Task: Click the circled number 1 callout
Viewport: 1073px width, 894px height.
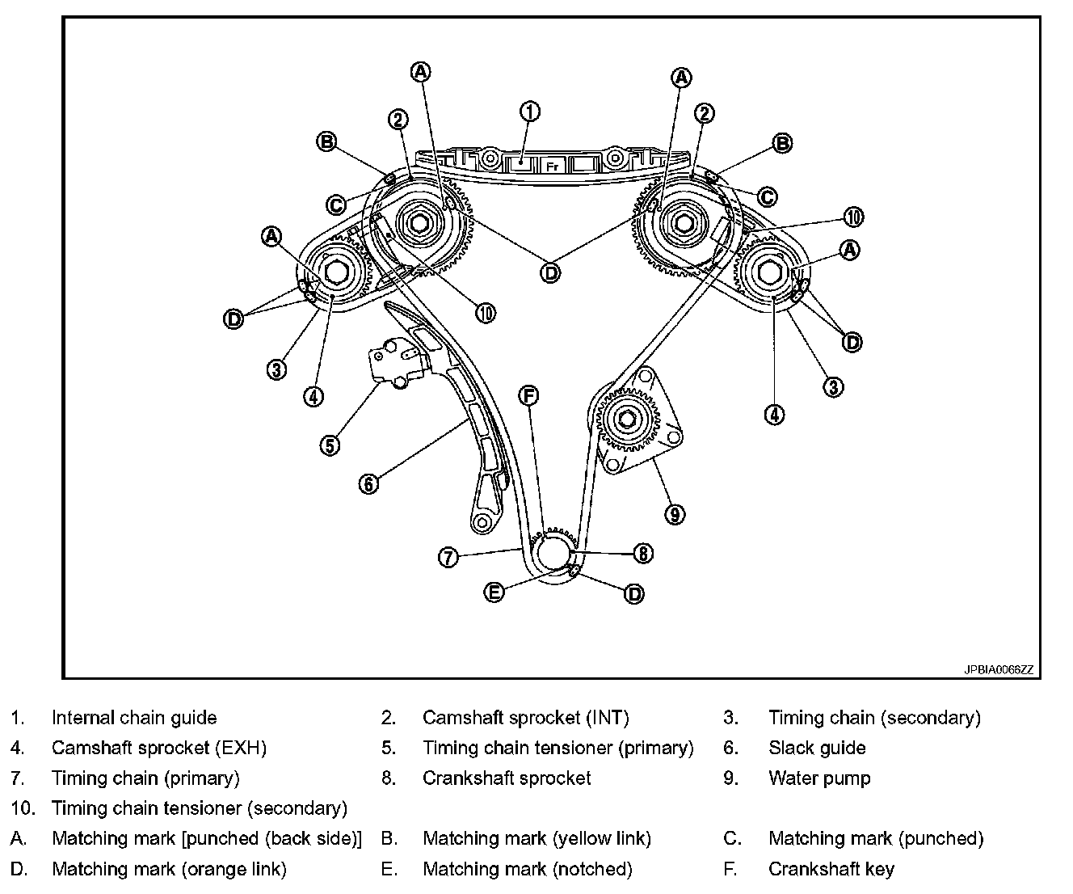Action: coord(529,112)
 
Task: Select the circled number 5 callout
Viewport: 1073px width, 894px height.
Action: coord(330,445)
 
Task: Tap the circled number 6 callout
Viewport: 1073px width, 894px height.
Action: coord(368,484)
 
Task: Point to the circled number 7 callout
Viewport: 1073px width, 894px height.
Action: coord(449,557)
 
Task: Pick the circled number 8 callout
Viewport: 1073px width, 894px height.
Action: coord(642,553)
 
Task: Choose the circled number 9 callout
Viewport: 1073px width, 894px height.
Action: coord(674,513)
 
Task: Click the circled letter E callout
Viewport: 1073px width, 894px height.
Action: coord(494,592)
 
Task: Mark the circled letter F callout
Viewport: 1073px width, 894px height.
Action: coord(528,395)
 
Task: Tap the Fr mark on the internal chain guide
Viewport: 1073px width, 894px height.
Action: coord(553,167)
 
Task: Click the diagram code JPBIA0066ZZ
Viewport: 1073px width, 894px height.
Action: coord(998,669)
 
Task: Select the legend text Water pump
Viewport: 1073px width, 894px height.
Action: coord(819,778)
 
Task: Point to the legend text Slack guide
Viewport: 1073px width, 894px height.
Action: coord(817,748)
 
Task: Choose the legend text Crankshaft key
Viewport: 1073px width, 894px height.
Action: coord(831,869)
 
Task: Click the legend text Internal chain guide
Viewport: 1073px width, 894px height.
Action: coord(134,718)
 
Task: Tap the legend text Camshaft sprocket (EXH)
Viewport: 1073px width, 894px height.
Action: coord(159,748)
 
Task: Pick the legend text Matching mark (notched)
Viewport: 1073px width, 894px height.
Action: coord(527,869)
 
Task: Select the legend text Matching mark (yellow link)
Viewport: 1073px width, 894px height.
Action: coord(536,839)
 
